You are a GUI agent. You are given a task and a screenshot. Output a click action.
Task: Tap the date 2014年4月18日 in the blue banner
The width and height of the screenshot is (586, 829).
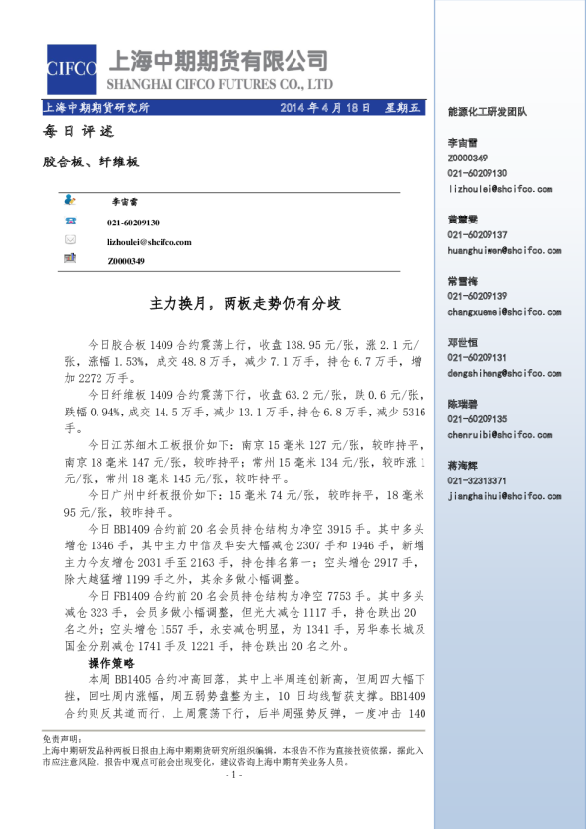pos(326,108)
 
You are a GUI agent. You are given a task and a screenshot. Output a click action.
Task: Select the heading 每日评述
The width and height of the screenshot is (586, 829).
pos(73,132)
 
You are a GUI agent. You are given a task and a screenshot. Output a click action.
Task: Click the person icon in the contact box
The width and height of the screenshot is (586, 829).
pos(70,201)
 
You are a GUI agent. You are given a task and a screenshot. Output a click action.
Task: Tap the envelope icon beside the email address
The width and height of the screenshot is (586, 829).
pos(70,240)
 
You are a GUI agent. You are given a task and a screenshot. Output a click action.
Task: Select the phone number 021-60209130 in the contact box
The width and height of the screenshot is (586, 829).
pos(133,223)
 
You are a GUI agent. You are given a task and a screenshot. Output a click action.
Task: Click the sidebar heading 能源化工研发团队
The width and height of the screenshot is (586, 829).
pos(488,112)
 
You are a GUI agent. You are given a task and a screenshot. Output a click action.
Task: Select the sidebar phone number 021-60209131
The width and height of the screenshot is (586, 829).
pos(478,357)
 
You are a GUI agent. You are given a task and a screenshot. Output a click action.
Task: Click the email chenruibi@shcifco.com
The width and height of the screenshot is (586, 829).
pos(495,433)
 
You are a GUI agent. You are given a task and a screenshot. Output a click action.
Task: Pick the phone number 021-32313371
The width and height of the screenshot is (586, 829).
pos(478,479)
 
